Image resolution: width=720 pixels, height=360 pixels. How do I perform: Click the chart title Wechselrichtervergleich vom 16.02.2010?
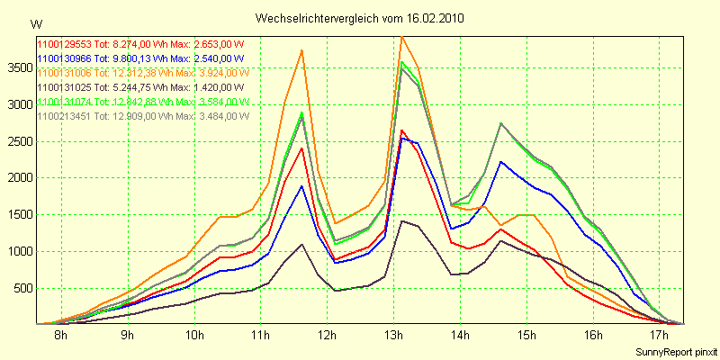pos(360,18)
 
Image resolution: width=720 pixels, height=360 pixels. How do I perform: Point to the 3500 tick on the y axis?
pos(17,67)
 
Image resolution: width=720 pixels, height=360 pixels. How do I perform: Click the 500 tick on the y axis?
pos(20,288)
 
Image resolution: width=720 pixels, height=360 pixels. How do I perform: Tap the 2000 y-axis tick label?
pos(17,178)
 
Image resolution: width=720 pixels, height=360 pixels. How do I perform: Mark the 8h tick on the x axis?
pos(61,336)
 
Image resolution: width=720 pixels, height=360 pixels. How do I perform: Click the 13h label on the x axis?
pos(394,336)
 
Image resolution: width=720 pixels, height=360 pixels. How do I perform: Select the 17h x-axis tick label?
pos(660,336)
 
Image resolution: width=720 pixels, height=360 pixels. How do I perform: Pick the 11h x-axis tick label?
pos(261,336)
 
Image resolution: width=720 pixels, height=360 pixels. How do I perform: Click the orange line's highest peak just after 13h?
pos(401,37)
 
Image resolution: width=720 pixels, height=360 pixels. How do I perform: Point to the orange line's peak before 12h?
pos(301,50)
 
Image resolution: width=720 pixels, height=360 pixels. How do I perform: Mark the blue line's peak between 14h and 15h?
pos(501,162)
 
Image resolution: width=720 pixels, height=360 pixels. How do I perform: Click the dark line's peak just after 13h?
pos(401,220)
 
